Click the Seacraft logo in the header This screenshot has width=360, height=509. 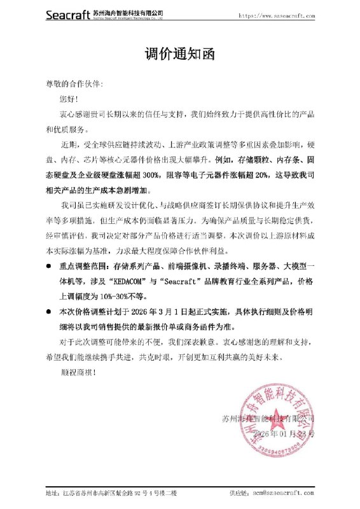tap(69, 15)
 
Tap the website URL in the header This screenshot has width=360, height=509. tap(277, 15)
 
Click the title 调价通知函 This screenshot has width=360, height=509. tap(179, 53)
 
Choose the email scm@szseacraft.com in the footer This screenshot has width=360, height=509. tap(279, 493)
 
